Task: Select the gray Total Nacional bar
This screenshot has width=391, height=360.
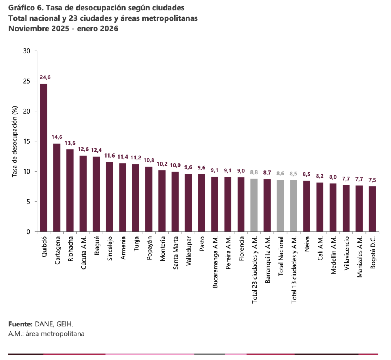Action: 280,206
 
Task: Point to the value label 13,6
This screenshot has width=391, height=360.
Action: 70,143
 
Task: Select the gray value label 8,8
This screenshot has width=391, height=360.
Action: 254,172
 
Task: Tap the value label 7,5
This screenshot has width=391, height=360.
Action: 372,180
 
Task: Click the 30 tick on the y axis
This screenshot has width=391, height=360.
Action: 27,51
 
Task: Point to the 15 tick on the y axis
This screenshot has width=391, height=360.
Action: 27,141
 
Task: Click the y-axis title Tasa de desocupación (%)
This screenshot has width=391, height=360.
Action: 15,141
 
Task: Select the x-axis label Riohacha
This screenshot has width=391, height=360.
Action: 71,249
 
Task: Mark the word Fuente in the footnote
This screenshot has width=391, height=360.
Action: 20,325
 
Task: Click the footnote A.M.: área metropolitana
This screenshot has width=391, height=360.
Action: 46,334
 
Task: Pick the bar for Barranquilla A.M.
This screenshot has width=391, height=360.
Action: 267,206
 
